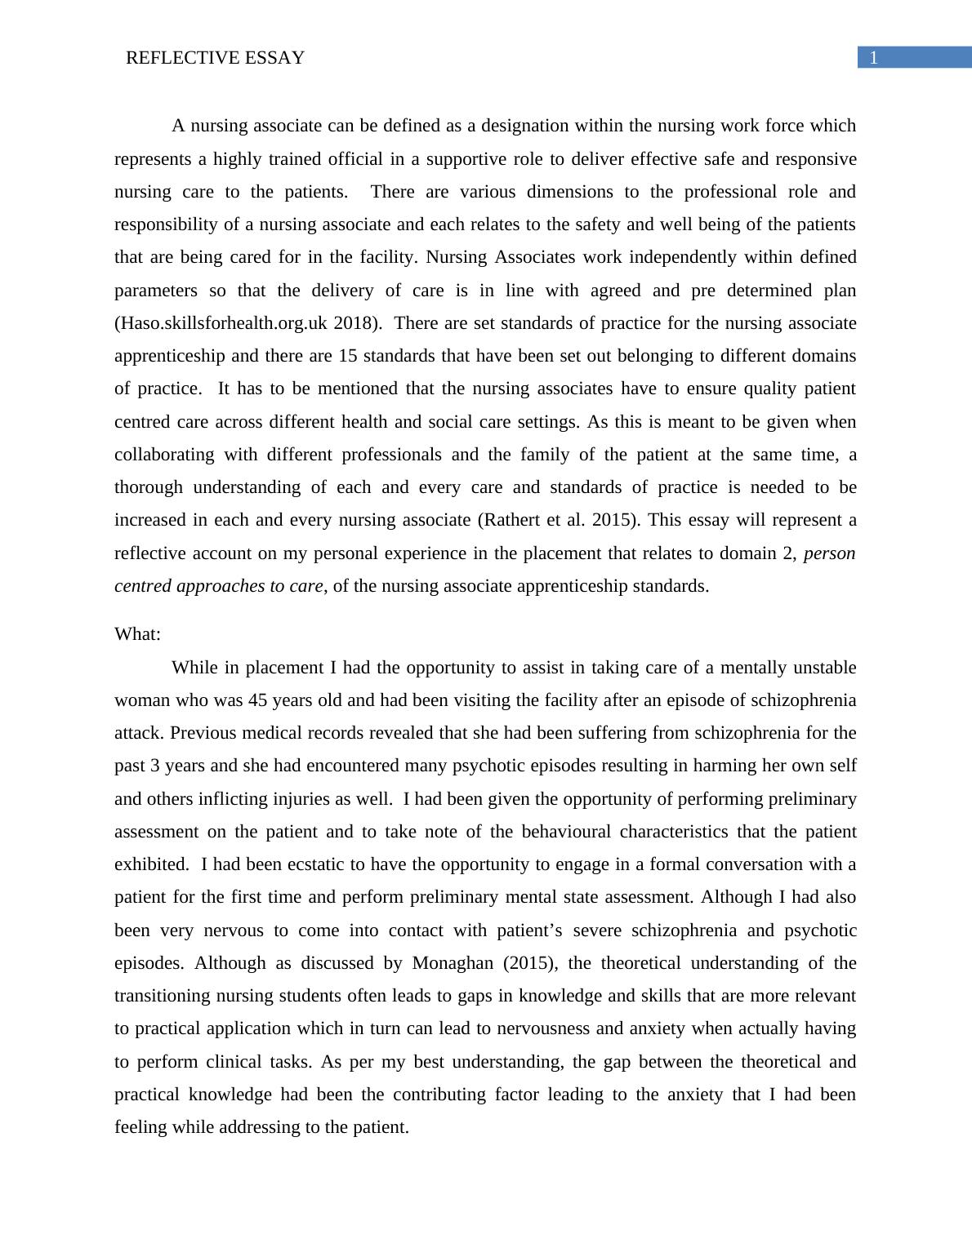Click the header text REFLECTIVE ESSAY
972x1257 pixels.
tap(215, 58)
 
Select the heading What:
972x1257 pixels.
tap(137, 634)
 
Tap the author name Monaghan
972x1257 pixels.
tap(453, 963)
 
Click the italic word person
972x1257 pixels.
tap(829, 553)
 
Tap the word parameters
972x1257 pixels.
tap(155, 291)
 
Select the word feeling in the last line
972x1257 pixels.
tap(140, 1127)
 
